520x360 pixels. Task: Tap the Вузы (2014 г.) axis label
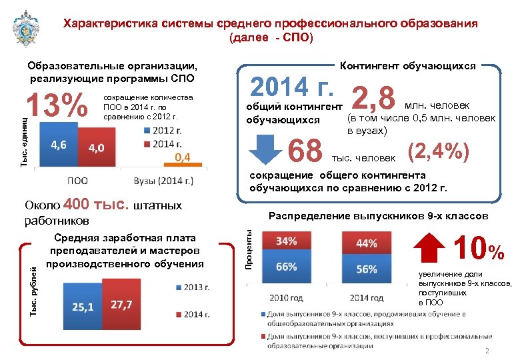click(164, 179)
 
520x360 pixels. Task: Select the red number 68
click(306, 151)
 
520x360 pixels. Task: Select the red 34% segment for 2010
click(286, 241)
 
